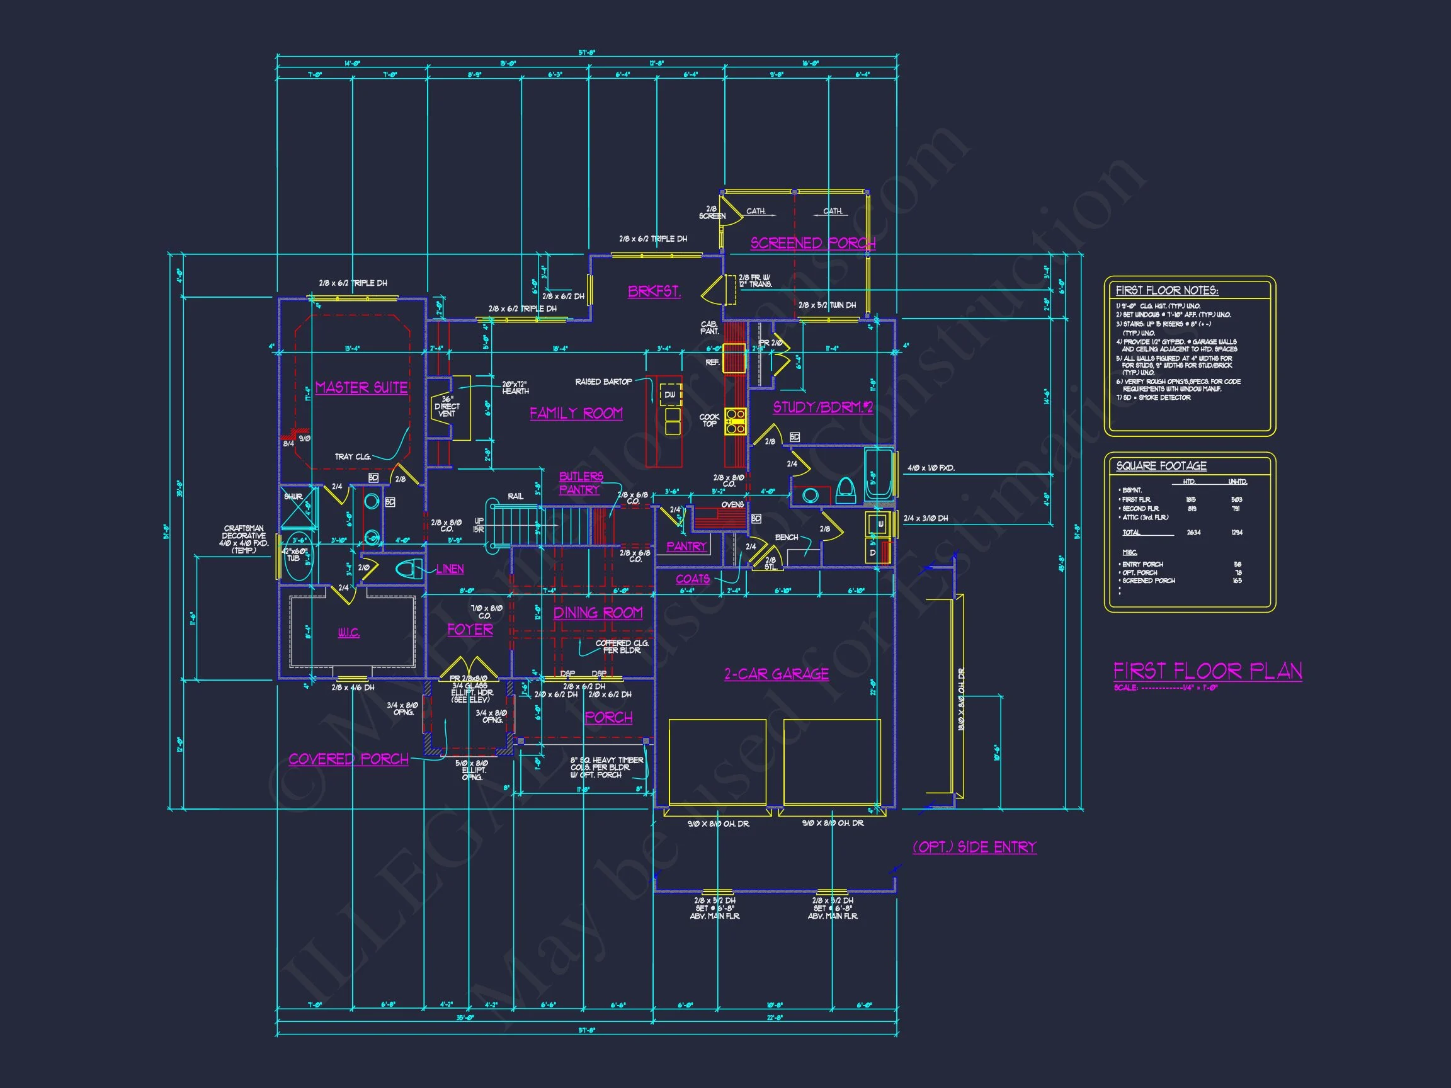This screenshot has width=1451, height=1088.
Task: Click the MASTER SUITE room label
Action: click(361, 388)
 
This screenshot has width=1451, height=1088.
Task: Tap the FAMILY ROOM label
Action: click(576, 413)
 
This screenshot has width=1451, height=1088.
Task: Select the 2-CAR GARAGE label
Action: click(776, 674)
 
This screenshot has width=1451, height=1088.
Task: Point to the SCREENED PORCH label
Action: click(813, 243)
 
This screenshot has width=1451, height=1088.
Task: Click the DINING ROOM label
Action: click(598, 613)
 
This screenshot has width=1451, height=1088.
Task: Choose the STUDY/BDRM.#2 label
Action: click(822, 407)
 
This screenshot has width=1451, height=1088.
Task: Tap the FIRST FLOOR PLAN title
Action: click(1208, 671)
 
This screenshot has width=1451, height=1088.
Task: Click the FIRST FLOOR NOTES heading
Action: click(1166, 290)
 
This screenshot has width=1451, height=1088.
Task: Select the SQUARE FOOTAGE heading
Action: click(1161, 466)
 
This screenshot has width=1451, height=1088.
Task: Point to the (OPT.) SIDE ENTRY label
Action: click(974, 847)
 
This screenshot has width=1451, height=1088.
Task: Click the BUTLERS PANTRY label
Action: click(581, 484)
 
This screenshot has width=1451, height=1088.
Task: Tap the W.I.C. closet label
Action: click(348, 633)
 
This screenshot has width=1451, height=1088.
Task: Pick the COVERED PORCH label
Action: click(348, 759)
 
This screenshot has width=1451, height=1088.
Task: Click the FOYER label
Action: click(470, 630)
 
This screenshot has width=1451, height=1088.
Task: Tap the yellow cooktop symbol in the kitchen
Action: click(736, 421)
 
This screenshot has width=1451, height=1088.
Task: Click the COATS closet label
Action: click(693, 579)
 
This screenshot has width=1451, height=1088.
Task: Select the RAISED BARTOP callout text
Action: click(603, 382)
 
